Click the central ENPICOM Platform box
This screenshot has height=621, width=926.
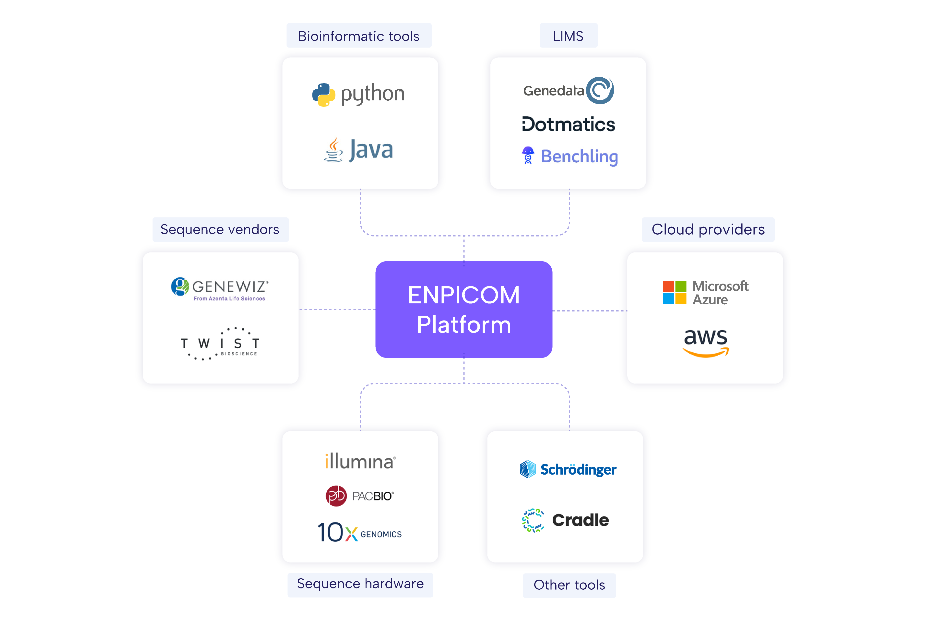coord(463,309)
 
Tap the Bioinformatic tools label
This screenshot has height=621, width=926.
coord(359,36)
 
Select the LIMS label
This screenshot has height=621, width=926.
coord(568,36)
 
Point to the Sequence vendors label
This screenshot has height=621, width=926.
coord(220,229)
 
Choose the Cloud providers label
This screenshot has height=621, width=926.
coord(708,229)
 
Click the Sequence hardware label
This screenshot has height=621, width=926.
coord(360,584)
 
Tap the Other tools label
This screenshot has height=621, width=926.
coord(569,585)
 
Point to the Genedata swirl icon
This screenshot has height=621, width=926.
coord(600,90)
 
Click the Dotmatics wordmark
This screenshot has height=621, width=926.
coord(569,124)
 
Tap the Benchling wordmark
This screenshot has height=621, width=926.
coord(579,156)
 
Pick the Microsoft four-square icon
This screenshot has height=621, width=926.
coord(675,293)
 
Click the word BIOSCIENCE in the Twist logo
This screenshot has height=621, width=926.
coord(239,354)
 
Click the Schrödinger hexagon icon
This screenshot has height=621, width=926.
coord(528,469)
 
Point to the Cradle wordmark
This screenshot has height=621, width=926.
coord(580,520)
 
